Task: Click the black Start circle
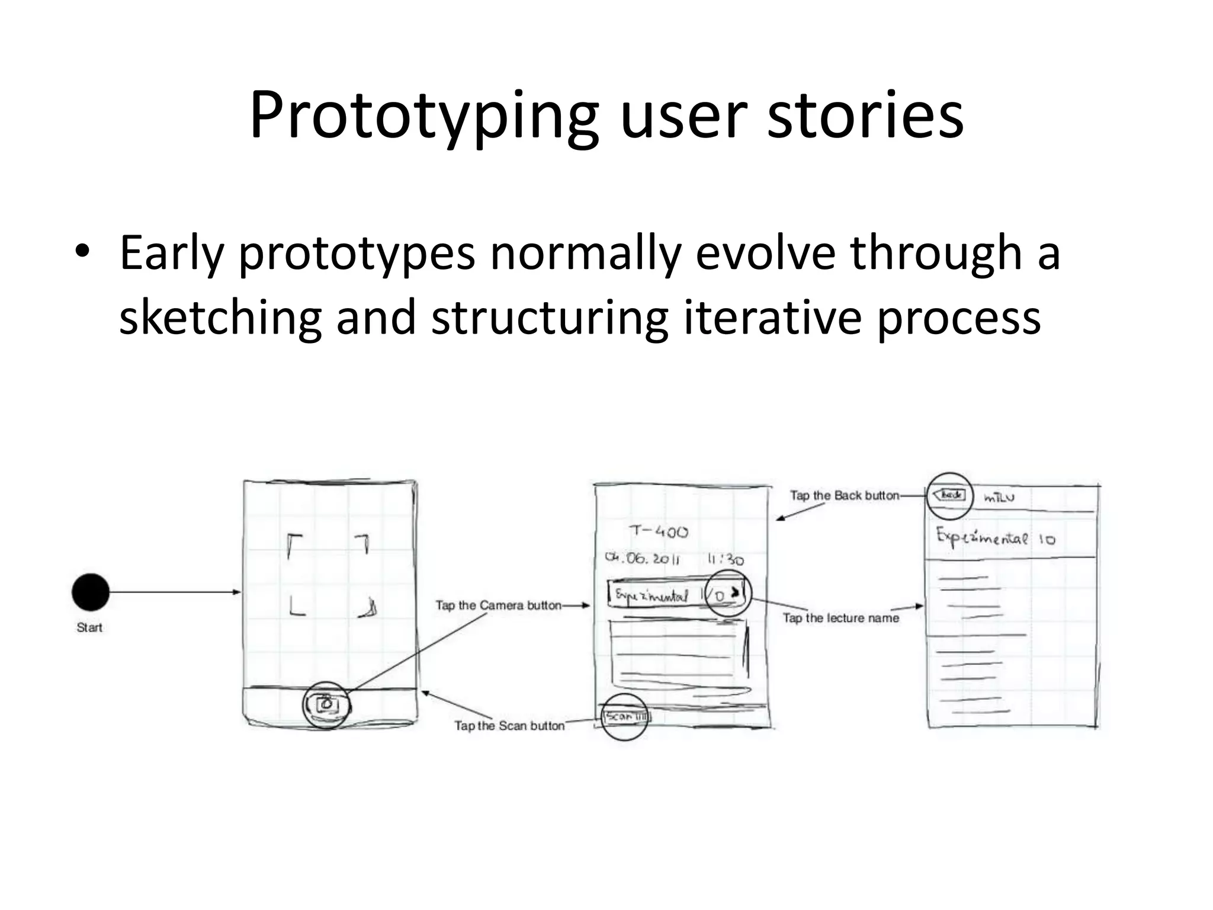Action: [x=91, y=592]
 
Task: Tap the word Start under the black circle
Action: [x=89, y=627]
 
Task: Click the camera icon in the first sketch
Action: [x=326, y=704]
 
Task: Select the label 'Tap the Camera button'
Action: [x=498, y=605]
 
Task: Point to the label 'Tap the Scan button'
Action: [x=509, y=726]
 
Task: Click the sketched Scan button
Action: [x=625, y=717]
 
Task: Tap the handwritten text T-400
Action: [x=659, y=531]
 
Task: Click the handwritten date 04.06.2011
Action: [x=642, y=559]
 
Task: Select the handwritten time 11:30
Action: [x=726, y=559]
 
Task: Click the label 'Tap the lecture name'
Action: [x=840, y=618]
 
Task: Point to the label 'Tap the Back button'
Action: [x=845, y=495]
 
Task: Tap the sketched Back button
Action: [x=949, y=495]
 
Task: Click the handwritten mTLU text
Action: [x=999, y=498]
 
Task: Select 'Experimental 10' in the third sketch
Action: [x=995, y=537]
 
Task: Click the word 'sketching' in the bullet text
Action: [x=220, y=318]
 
